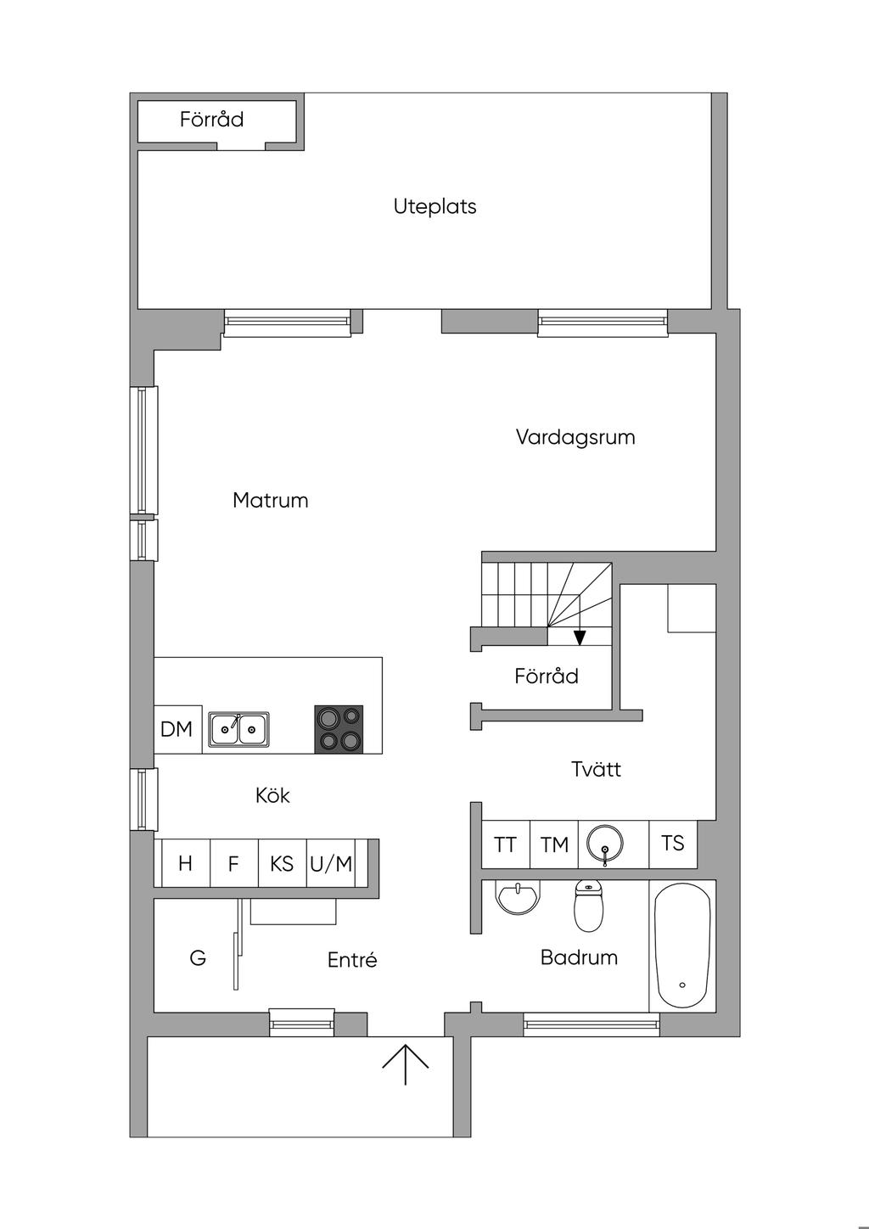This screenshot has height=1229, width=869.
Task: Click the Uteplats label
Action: pos(434,207)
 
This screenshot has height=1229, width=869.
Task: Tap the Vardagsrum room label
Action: pos(575,437)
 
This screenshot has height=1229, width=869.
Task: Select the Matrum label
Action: pos(271,501)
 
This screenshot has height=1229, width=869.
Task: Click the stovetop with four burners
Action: pos(339,728)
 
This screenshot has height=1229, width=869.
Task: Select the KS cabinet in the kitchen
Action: pos(282,863)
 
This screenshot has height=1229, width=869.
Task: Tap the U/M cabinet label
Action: pos(331,864)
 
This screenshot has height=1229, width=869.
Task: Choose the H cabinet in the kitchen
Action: pos(186,863)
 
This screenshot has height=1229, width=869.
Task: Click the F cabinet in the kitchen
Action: pos(234,863)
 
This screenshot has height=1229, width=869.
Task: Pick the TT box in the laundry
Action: pos(505,845)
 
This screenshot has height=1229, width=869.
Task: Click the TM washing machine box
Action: pos(554,845)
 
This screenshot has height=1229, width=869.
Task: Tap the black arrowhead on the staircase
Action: pos(580,637)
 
